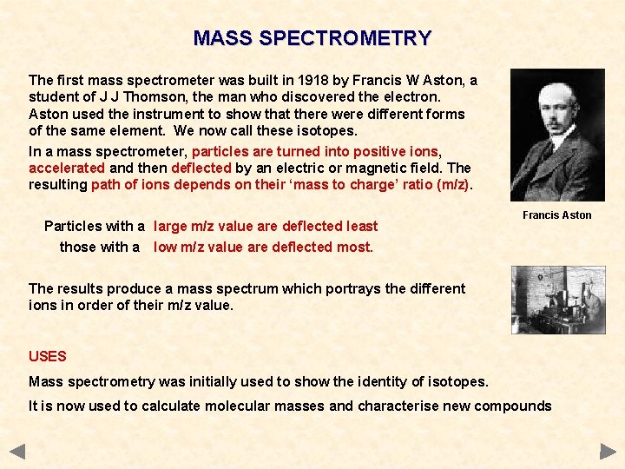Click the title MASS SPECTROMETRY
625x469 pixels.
coord(312,38)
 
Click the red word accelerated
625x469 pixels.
coord(68,168)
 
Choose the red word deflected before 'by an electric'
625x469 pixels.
coord(201,168)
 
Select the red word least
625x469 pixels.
coord(362,226)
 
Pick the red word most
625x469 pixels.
coord(358,247)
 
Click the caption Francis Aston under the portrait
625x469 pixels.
coord(556,215)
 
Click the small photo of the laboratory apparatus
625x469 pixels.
coord(557,300)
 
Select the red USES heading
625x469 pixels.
coord(48,356)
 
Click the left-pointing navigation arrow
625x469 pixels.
coord(17,452)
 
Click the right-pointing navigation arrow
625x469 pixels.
coord(608,452)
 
